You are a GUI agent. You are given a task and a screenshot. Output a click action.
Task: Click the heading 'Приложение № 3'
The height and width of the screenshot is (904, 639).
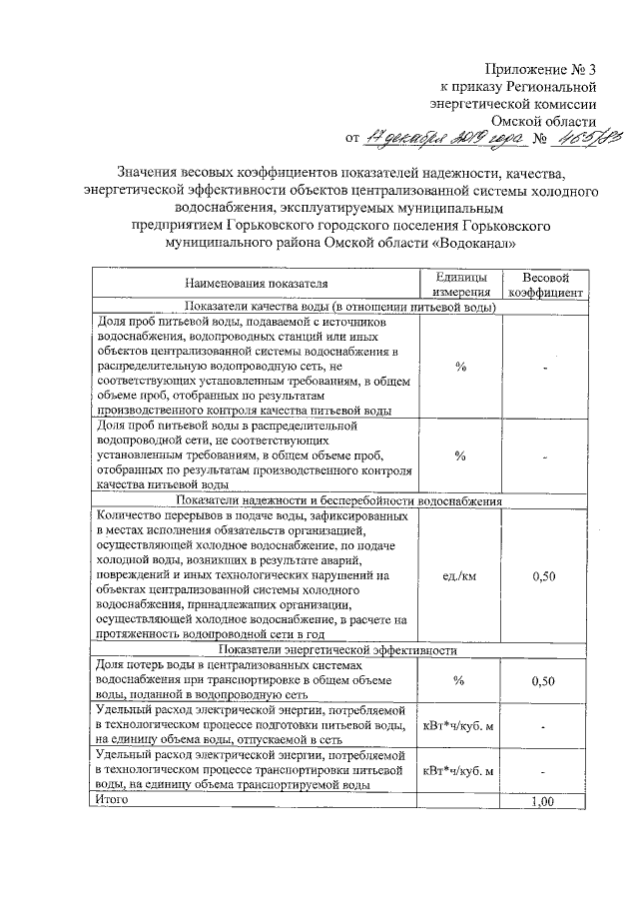(x=540, y=70)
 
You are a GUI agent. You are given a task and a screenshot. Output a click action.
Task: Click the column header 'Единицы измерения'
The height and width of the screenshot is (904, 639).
(x=460, y=284)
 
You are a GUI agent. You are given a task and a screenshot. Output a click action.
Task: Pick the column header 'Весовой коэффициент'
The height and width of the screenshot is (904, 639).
(x=544, y=284)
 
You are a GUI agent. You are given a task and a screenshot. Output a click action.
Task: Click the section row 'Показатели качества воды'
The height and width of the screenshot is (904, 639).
(x=338, y=307)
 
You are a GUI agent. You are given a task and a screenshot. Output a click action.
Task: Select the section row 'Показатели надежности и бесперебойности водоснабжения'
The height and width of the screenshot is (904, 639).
(x=338, y=500)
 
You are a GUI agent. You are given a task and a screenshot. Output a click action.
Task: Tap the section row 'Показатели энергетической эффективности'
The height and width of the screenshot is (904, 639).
(x=338, y=649)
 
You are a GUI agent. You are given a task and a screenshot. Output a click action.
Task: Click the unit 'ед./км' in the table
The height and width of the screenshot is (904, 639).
(x=460, y=575)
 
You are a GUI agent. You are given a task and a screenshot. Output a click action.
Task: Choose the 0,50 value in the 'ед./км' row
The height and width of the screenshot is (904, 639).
(x=544, y=575)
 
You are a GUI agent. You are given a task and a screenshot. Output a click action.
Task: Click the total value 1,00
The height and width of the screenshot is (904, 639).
(x=544, y=801)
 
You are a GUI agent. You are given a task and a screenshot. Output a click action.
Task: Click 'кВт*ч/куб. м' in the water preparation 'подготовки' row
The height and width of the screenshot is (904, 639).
(x=460, y=725)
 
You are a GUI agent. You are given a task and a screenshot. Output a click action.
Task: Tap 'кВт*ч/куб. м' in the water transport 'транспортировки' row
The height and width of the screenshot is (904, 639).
(x=460, y=771)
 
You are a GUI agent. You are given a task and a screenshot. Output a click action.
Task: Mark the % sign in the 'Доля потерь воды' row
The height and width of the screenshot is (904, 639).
(x=460, y=680)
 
